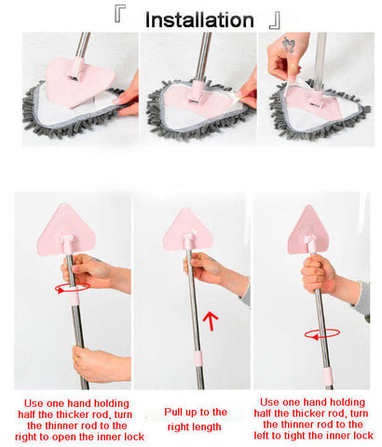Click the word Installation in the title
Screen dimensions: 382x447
click(199, 20)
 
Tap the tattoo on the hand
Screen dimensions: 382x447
click(288, 45)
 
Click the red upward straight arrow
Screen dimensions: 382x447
click(211, 321)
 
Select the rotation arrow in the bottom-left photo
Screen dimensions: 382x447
click(73, 288)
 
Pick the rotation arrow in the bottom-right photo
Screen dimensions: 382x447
click(322, 334)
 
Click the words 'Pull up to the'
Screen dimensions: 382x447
click(196, 412)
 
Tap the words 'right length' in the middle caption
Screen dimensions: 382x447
click(194, 427)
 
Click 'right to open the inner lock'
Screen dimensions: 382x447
click(79, 437)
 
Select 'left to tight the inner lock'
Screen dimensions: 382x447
click(313, 436)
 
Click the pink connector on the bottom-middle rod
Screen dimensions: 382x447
click(198, 359)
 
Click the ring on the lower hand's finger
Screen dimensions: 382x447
click(75, 359)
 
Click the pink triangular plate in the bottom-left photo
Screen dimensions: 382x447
click(66, 230)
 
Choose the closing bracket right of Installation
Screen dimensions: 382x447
click(275, 21)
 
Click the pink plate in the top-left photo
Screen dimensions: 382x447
click(79, 81)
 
